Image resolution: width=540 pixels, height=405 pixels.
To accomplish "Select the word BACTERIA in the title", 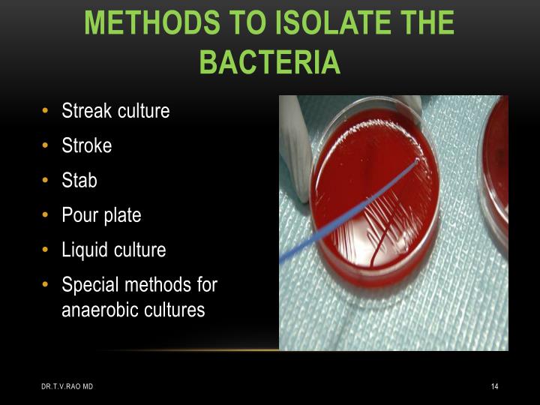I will coord(270,61).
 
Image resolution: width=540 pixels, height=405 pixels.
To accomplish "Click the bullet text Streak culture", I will coord(115,111).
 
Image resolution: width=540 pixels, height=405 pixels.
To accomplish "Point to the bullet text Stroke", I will coord(86,145).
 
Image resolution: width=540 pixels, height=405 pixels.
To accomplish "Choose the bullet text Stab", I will coord(79,181).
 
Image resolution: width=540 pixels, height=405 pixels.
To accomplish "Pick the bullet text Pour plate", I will coord(101,215).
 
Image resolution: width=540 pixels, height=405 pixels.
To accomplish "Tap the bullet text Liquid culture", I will coord(113,250).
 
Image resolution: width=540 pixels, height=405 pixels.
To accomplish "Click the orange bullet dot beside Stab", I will coord(46,181).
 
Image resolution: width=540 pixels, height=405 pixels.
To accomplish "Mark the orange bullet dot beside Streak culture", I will coord(46,111).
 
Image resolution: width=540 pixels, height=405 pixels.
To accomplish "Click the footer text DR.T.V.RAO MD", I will coord(67,386).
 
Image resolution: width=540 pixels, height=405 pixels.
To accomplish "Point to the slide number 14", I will coord(494,386).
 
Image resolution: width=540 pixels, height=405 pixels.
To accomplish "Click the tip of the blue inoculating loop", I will coord(417,160).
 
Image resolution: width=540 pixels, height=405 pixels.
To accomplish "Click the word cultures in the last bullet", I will coord(175,310).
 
